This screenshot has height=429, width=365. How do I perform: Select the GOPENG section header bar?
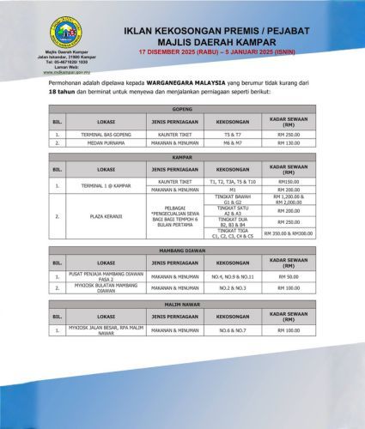pyautogui.click(x=182, y=112)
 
